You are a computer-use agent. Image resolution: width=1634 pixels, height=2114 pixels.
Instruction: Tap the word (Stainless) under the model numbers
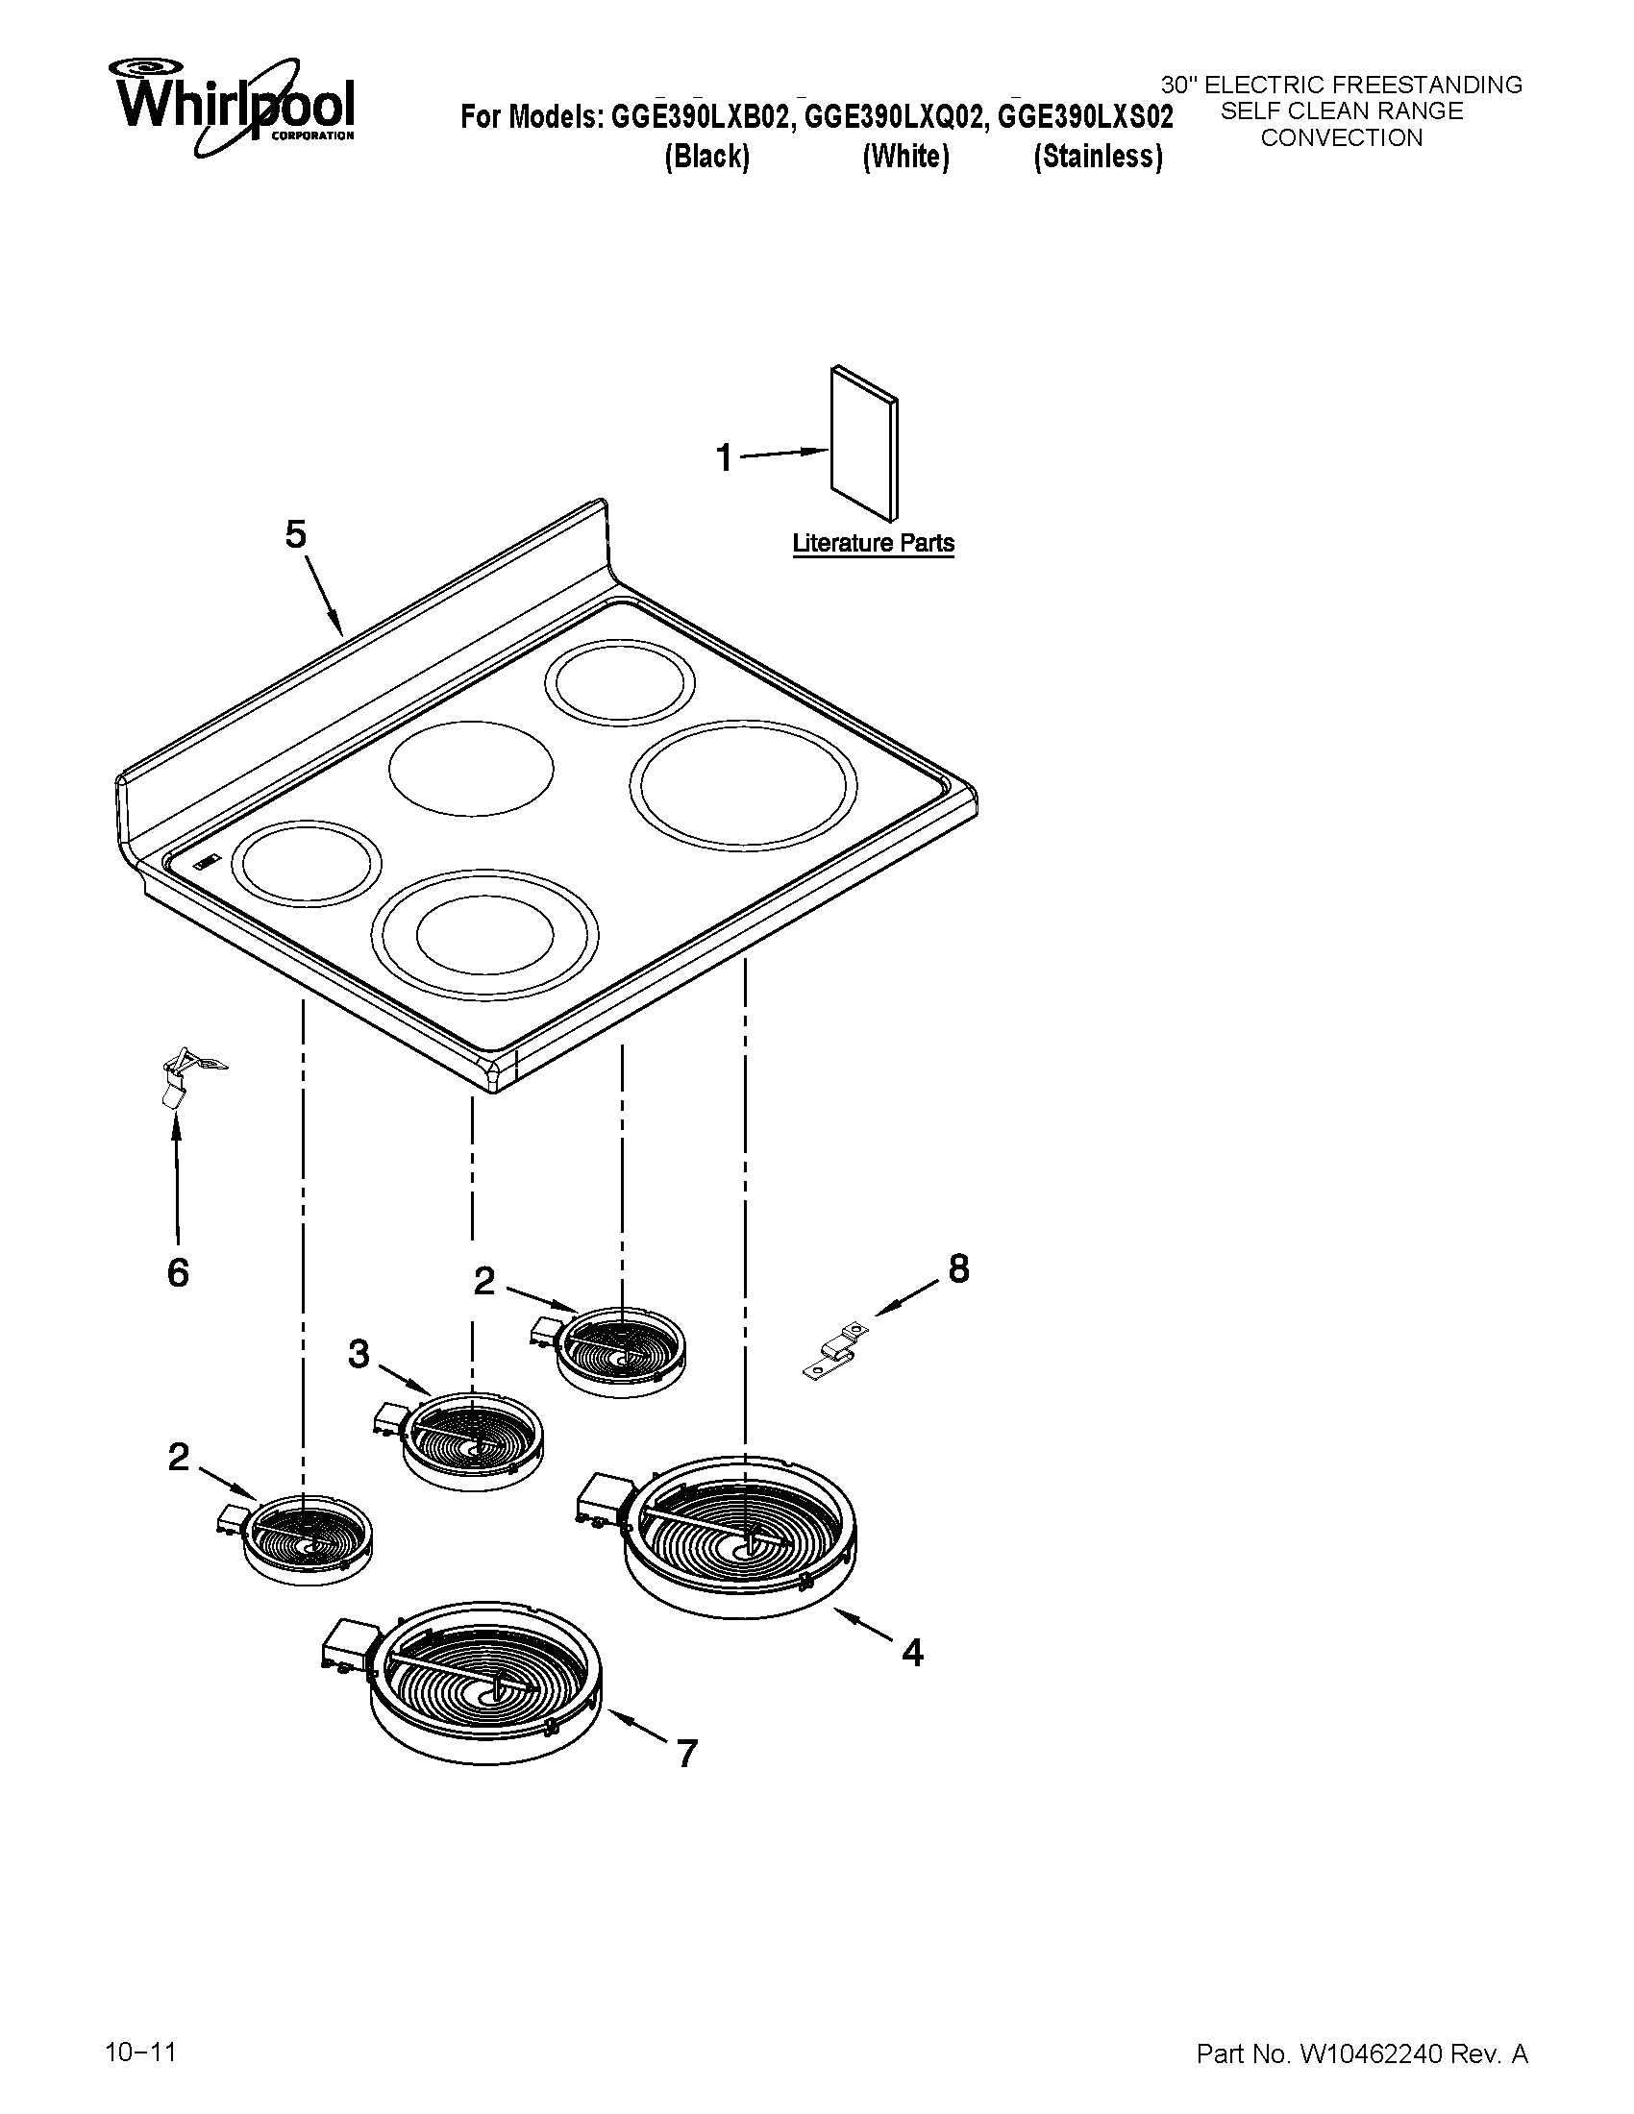click(1098, 157)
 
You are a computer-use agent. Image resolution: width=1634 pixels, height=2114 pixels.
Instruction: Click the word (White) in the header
click(905, 157)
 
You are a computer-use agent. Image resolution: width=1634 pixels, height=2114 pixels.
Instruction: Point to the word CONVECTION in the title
click(1341, 138)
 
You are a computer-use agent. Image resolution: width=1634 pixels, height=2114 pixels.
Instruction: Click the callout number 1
click(724, 456)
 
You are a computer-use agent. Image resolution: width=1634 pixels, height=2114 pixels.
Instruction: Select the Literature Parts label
click(873, 543)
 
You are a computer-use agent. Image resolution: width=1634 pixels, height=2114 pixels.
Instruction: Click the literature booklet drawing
click(863, 443)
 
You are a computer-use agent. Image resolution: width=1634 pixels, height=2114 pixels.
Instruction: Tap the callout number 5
click(295, 534)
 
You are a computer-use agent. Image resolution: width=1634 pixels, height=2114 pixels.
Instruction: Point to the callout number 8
click(958, 1268)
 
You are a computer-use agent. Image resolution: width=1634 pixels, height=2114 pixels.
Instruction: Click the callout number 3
click(359, 1354)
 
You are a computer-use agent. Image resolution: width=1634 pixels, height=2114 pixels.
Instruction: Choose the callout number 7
click(686, 1753)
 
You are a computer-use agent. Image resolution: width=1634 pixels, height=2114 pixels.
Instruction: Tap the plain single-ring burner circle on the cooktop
click(471, 768)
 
